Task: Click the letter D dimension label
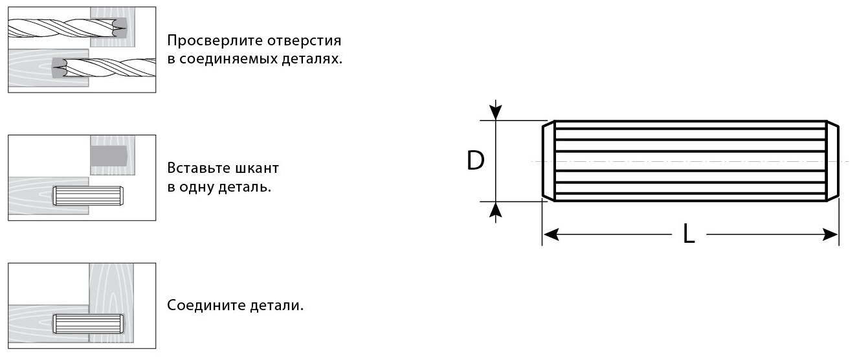pos(476,161)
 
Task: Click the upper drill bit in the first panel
pos(65,28)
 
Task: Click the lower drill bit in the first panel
pos(104,67)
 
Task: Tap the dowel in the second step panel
pos(87,196)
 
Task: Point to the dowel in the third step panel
pos(87,322)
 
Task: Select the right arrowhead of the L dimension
pos(832,234)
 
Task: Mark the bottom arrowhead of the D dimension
pos(496,208)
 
